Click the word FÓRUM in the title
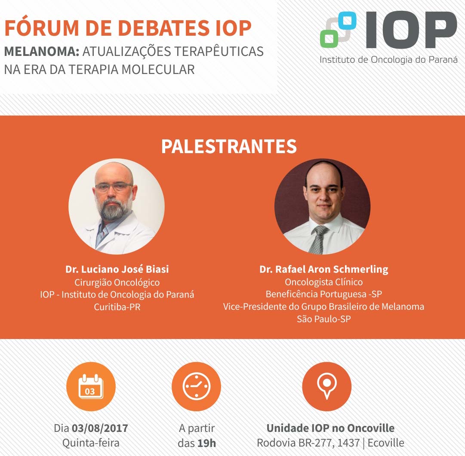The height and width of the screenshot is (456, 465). (42, 28)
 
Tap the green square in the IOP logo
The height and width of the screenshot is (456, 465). (329, 39)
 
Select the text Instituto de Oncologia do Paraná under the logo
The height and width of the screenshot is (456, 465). (388, 60)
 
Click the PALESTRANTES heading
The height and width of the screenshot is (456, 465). (229, 146)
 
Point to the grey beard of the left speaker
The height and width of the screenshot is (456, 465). (114, 209)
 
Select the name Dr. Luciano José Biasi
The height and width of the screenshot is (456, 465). (117, 269)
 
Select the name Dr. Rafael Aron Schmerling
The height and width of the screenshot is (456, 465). (324, 269)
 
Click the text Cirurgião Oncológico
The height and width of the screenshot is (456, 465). (117, 282)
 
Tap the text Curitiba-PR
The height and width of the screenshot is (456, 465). (117, 307)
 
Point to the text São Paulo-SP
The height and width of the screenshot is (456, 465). (324, 319)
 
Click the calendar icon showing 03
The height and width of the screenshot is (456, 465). (91, 386)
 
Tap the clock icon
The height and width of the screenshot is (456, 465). (196, 386)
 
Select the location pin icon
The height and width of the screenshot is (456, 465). (327, 385)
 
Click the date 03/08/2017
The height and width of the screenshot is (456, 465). (100, 428)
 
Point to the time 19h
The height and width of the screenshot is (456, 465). (207, 443)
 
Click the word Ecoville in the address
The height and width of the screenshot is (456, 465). (386, 443)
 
